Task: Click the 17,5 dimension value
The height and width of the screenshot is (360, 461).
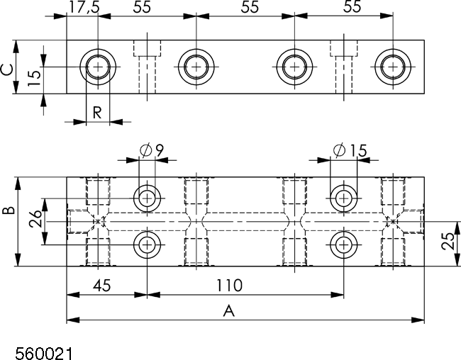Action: (x=84, y=7)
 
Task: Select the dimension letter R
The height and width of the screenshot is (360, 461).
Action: (x=97, y=112)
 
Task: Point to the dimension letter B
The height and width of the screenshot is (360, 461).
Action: (x=9, y=210)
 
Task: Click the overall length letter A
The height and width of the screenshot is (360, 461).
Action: (x=229, y=311)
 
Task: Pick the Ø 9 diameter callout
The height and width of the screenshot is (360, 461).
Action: (x=151, y=150)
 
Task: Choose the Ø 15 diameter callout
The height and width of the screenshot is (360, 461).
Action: (x=350, y=150)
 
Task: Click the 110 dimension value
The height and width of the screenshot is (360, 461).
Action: (x=229, y=285)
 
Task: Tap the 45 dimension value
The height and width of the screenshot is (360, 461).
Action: (x=102, y=286)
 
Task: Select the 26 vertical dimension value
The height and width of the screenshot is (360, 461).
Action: (x=35, y=219)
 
